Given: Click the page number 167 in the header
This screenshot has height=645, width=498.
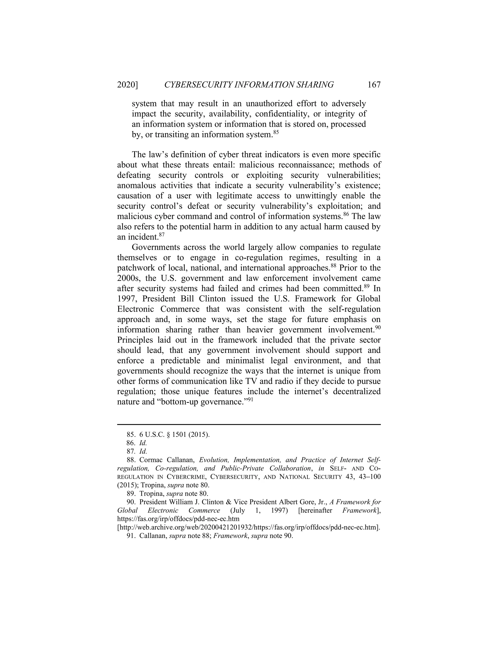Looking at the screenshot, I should (x=374, y=85).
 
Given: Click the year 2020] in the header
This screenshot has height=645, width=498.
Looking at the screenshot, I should (x=127, y=85).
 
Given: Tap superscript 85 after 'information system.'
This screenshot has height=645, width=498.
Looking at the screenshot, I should (x=276, y=132).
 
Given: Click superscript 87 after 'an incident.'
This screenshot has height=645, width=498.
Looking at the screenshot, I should (x=161, y=234).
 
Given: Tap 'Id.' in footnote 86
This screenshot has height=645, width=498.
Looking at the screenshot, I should (x=143, y=443).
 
